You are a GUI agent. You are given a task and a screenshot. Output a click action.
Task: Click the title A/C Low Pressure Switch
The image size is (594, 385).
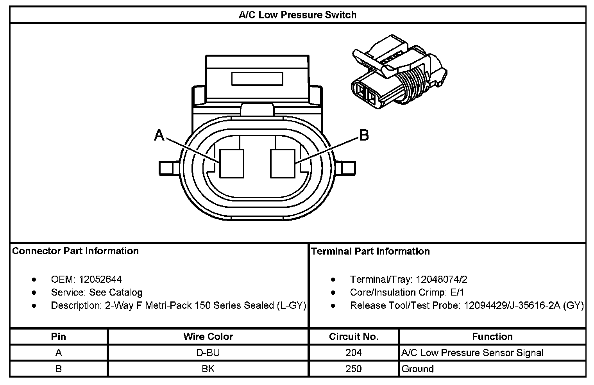point(297,15)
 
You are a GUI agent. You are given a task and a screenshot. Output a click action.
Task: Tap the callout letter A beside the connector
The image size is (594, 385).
point(159,135)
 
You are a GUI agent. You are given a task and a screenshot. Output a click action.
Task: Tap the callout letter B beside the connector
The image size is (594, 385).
point(364,135)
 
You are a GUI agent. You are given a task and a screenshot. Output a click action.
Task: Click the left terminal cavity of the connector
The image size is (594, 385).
point(232,164)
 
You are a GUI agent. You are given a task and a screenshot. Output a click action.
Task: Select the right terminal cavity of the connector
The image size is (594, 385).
point(283,164)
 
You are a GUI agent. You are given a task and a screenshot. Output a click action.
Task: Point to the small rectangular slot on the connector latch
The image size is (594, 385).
point(257,78)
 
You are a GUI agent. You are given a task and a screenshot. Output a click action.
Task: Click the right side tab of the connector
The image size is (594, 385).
point(348,168)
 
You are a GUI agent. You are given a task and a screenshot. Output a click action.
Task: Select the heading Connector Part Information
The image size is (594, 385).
point(75,251)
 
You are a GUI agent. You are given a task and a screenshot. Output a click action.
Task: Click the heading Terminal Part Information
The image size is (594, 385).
point(370,251)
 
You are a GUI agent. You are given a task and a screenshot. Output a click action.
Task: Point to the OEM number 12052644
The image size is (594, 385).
point(100,280)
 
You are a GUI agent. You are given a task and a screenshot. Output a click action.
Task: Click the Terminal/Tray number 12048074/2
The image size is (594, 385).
point(442,280)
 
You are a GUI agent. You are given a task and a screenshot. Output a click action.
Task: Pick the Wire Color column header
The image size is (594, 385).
point(208,337)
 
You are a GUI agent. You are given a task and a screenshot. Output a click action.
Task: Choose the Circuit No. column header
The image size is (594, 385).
point(354,337)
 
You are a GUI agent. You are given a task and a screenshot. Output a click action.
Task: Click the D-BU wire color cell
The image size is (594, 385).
point(208,353)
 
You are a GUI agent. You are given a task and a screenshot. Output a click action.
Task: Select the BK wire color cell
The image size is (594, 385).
point(208,369)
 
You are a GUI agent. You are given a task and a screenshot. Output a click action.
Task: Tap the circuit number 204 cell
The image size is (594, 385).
point(354,353)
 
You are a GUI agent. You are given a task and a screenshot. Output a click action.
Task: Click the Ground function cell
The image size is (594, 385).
point(417,369)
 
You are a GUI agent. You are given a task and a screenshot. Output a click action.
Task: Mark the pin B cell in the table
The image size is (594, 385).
point(59,369)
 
